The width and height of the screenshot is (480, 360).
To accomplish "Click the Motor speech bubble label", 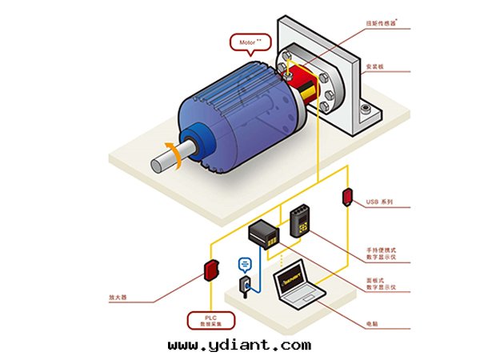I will coord(249,42).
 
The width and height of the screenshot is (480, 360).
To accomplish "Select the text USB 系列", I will coord(379,202).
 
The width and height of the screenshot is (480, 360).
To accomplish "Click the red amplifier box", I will coord(210,271).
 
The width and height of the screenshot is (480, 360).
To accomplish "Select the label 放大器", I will coord(118,297).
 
